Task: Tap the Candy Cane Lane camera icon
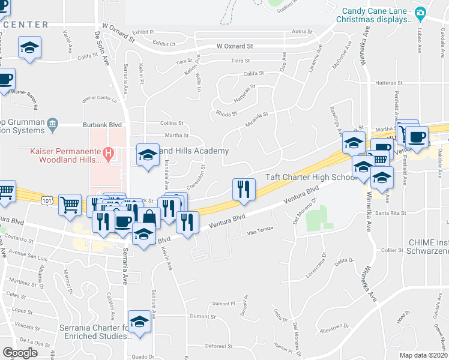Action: pyautogui.click(x=421, y=13)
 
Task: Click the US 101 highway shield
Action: pyautogui.click(x=46, y=198)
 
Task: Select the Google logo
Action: pyautogui.click(x=20, y=353)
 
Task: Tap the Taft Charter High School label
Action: pyautogui.click(x=312, y=178)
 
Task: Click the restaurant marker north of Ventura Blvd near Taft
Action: pyautogui.click(x=244, y=189)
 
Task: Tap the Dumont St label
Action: pyautogui.click(x=202, y=316)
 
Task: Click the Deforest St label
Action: pyautogui.click(x=218, y=346)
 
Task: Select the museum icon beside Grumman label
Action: pyautogui.click(x=53, y=125)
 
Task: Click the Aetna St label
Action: pyautogui.click(x=302, y=31)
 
